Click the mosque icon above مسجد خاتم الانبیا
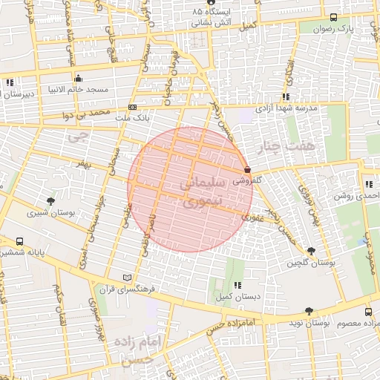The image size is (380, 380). pyautogui.click(x=78, y=78)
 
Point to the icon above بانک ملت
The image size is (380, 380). pyautogui.click(x=133, y=107)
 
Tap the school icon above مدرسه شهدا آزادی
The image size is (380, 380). pyautogui.click(x=285, y=96)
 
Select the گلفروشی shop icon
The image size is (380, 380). pyautogui.click(x=246, y=170)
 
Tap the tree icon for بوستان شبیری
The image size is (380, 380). pyautogui.click(x=50, y=201)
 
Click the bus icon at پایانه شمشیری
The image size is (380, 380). pyautogui.click(x=19, y=241)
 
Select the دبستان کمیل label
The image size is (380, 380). pyautogui.click(x=237, y=297)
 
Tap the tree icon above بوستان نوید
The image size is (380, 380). pyautogui.click(x=309, y=312)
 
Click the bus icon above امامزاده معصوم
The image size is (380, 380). pyautogui.click(x=369, y=313)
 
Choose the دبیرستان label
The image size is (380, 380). pyautogui.click(x=16, y=94)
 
